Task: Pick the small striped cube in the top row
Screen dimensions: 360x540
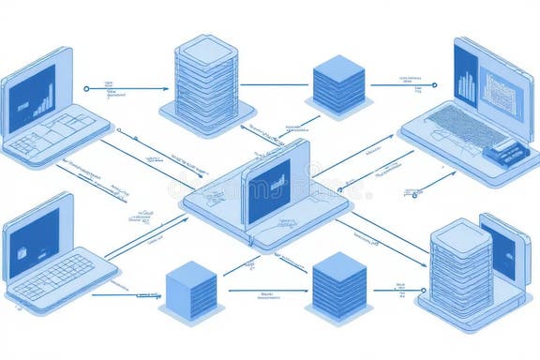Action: pyautogui.click(x=337, y=83)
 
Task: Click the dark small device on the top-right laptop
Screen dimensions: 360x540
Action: pyautogui.click(x=505, y=150)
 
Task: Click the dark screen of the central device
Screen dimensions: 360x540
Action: pyautogui.click(x=269, y=190)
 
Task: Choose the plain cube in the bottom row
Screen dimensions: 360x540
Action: pyautogui.click(x=190, y=290)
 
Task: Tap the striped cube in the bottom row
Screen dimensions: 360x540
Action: pyautogui.click(x=338, y=282)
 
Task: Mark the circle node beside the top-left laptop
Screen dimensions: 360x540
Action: pyautogui.click(x=86, y=88)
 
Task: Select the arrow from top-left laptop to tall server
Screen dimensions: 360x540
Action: pyautogui.click(x=131, y=89)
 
